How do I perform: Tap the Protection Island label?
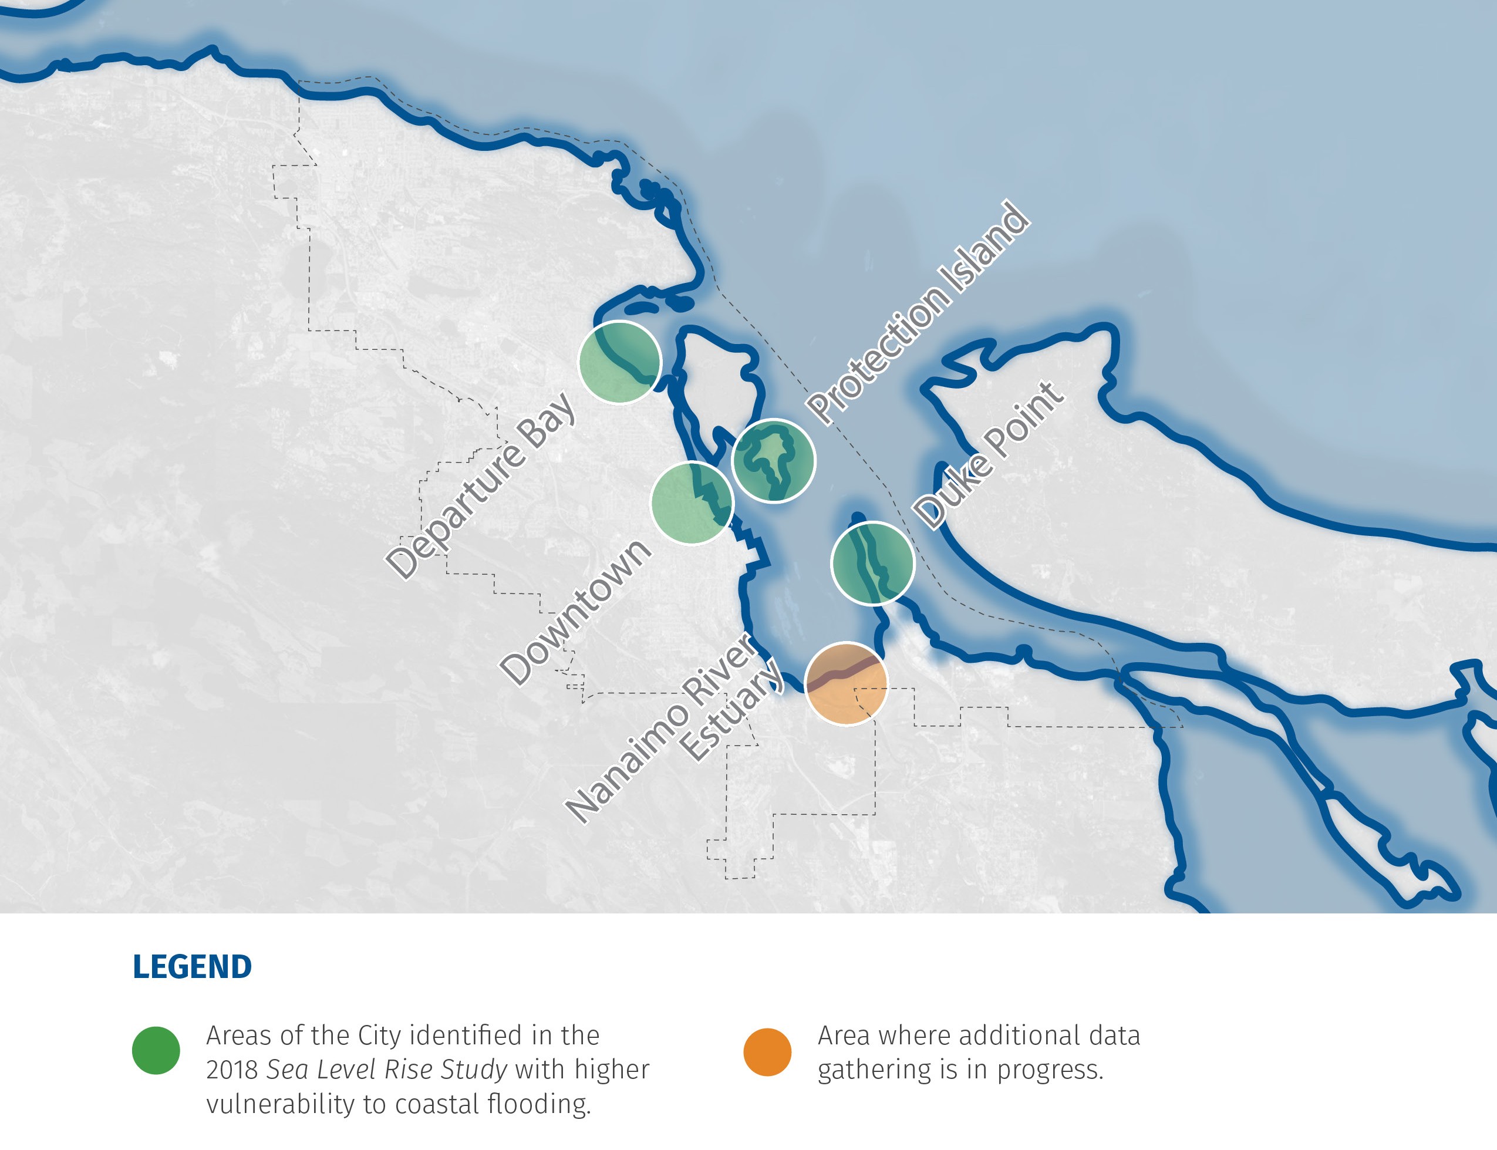917,312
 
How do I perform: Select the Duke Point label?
989,454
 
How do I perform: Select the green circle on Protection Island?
774,461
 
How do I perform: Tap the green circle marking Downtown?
692,503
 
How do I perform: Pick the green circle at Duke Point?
873,563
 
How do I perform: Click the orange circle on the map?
846,683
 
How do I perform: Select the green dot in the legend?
156,1050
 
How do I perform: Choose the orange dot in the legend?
767,1051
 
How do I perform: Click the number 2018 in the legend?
231,1069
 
